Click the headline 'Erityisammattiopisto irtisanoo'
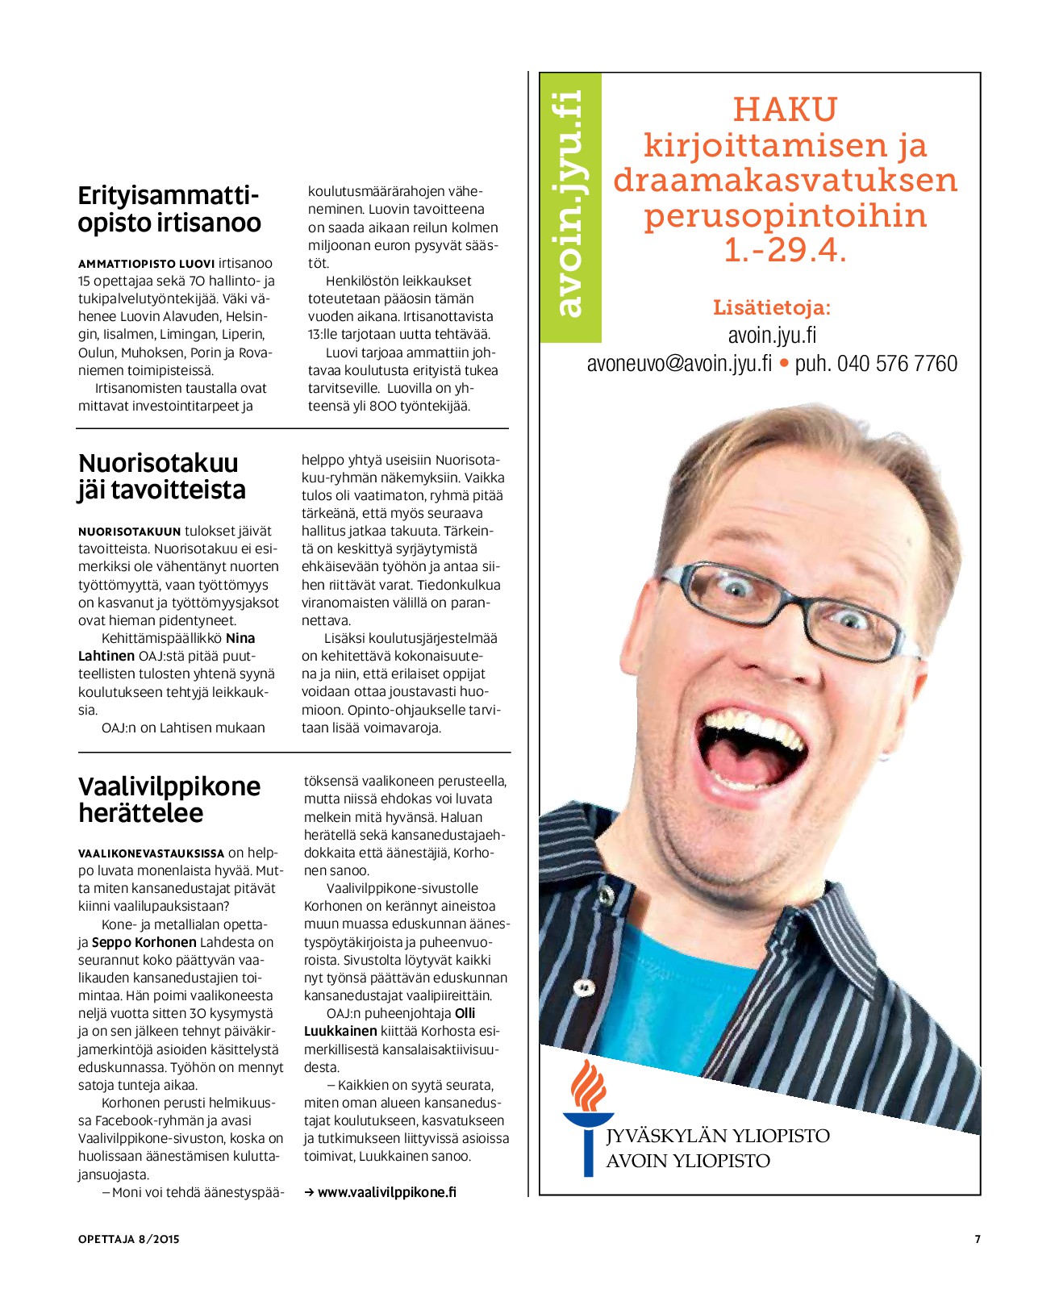[x=169, y=209]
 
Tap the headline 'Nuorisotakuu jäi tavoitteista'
[x=162, y=476]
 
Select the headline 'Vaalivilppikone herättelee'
[x=169, y=799]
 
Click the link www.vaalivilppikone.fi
[x=386, y=1192]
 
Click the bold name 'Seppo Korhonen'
[x=144, y=942]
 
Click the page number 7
[x=978, y=1239]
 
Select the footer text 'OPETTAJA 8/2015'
[x=128, y=1239]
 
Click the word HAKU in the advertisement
[x=785, y=109]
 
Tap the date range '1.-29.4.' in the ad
[x=785, y=250]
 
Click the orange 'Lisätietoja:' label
[x=771, y=307]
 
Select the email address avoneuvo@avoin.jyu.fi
[x=679, y=364]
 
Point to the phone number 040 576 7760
[x=897, y=364]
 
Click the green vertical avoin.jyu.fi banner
[x=570, y=206]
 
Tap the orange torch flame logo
[x=588, y=1085]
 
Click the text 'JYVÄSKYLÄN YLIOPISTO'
[x=718, y=1136]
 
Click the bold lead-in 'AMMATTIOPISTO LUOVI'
[x=146, y=264]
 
